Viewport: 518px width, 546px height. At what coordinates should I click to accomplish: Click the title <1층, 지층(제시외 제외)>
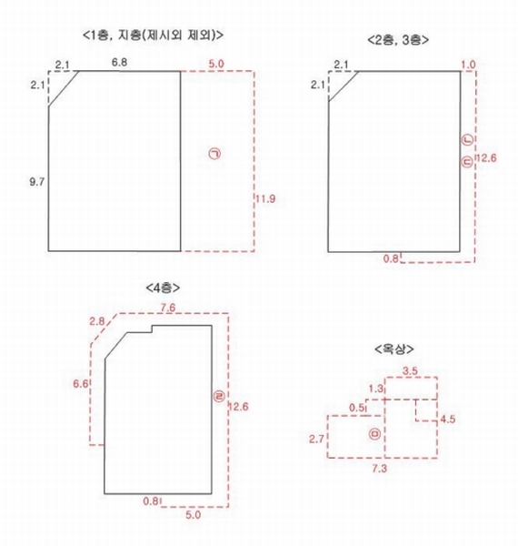click(x=153, y=35)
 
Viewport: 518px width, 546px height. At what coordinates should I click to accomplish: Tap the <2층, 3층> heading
click(x=398, y=40)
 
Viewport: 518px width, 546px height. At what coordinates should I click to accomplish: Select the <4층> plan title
click(x=163, y=288)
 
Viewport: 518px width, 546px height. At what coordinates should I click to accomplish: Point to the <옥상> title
click(x=394, y=349)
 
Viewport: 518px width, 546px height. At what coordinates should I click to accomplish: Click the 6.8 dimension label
click(x=119, y=63)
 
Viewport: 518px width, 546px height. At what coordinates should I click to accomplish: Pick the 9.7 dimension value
click(x=37, y=181)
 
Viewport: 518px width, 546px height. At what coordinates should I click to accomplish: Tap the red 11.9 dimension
click(x=265, y=198)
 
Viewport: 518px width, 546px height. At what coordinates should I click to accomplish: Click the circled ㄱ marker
click(x=215, y=154)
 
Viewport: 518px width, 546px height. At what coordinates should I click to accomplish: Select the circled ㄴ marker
click(x=468, y=140)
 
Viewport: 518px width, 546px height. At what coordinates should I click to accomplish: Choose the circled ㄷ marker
click(x=468, y=162)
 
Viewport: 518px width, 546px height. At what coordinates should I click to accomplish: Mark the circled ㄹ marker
click(x=220, y=396)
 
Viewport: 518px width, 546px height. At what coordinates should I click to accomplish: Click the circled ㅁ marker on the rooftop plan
click(x=374, y=434)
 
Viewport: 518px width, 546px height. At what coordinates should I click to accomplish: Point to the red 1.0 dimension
click(x=468, y=65)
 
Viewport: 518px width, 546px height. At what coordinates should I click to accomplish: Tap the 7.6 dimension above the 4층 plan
click(x=167, y=308)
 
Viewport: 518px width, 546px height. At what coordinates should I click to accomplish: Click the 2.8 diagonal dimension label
click(x=96, y=321)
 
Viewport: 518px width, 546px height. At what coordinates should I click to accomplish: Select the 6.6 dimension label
click(x=80, y=384)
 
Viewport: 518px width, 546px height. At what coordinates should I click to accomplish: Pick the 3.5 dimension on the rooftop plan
click(x=410, y=371)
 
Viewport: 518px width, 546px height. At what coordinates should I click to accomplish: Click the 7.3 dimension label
click(x=379, y=469)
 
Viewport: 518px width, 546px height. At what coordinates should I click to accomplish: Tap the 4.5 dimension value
click(x=447, y=419)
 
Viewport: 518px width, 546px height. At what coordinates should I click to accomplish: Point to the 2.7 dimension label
click(x=316, y=440)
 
